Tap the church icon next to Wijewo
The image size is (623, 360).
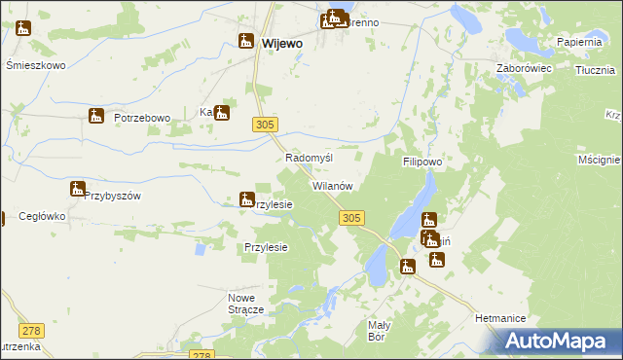[245, 41]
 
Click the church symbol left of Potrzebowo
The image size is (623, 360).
[95, 117]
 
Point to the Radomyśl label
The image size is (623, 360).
[310, 158]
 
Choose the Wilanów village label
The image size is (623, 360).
[331, 185]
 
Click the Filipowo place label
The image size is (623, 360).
[422, 162]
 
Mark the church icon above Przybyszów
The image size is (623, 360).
[77, 189]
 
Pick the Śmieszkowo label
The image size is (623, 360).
[35, 65]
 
